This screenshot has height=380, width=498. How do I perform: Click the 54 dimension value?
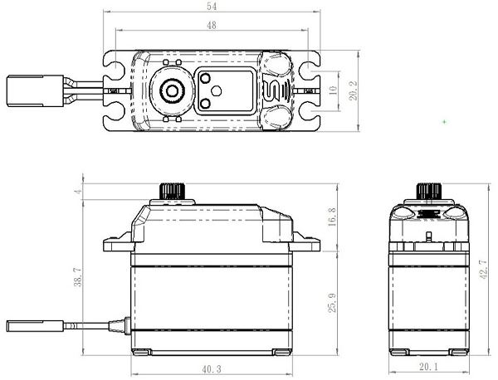point(212,7)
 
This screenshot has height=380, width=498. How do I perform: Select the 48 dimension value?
point(212,25)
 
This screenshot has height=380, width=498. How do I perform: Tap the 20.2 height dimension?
point(354,90)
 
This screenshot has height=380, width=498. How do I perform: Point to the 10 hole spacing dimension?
point(333,90)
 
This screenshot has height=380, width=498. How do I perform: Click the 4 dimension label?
point(79,191)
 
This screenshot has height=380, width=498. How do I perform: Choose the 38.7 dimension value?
point(78,277)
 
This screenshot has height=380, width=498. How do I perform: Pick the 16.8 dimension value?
point(331,217)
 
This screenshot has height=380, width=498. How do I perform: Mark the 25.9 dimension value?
point(332,303)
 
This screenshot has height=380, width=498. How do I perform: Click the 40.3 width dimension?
point(212,369)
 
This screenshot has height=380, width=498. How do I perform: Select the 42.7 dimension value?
point(483,269)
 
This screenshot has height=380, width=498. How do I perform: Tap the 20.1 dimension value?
point(429,367)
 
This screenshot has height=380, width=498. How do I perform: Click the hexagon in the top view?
point(217,90)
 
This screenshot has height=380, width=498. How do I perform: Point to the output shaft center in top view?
point(172,90)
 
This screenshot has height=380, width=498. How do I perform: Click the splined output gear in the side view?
point(172,191)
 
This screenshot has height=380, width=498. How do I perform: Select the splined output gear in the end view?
point(429,191)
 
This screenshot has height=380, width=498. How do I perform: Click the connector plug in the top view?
point(35,90)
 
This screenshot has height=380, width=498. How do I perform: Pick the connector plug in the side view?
point(35,326)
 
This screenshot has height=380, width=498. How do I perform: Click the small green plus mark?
point(445,122)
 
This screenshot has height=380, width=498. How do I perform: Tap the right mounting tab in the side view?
point(306,242)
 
